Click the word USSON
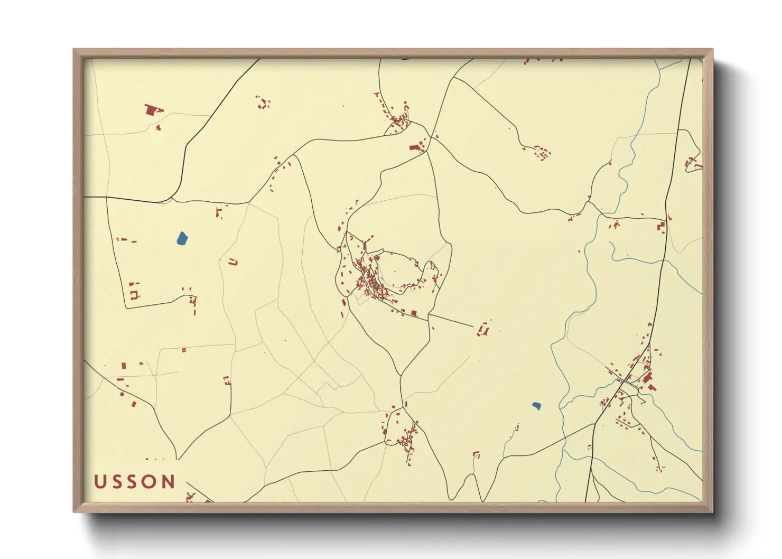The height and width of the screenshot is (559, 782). [x=135, y=482]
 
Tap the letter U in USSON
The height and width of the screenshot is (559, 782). [x=100, y=482]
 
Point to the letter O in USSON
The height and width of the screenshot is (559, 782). [x=151, y=482]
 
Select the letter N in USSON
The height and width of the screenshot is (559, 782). [x=169, y=482]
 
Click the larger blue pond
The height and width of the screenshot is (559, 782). [x=182, y=238]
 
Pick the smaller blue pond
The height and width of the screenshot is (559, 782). [x=536, y=406]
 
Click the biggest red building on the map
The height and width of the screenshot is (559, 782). [x=153, y=110]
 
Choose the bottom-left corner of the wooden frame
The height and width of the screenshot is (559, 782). [x=75, y=511]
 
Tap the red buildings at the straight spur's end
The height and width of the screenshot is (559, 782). [x=483, y=329]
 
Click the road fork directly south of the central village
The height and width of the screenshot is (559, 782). [x=401, y=375]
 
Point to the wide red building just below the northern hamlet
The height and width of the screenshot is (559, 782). [x=416, y=147]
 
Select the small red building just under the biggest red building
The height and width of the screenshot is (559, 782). [x=158, y=127]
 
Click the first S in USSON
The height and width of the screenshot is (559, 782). [x=117, y=482]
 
